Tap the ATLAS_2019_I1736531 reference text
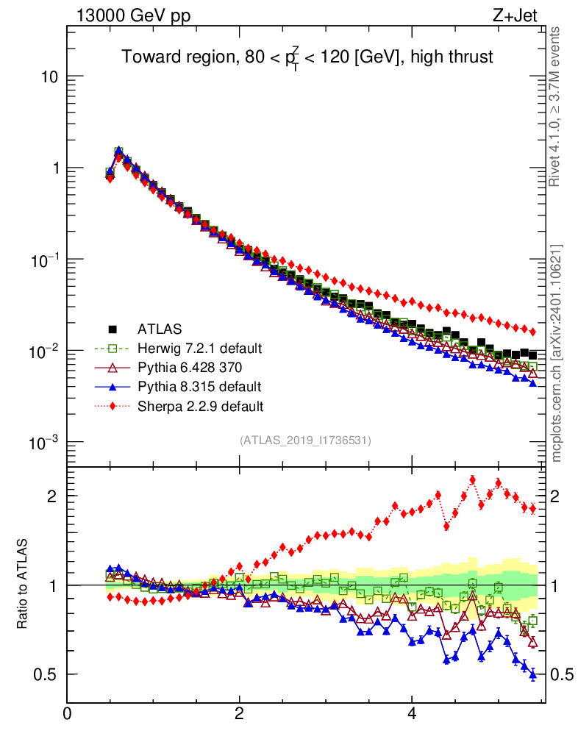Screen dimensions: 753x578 coord(305,440)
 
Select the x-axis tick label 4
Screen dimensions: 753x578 coord(412,714)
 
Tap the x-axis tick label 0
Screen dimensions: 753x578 coord(67,714)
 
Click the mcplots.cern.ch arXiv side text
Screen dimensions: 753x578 coord(557,354)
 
